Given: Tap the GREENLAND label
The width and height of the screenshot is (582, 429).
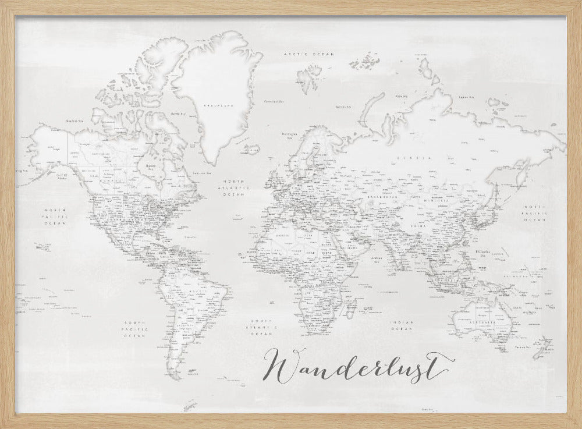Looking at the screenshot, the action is pyautogui.click(x=212, y=105).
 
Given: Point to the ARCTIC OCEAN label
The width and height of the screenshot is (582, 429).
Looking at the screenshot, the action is pyautogui.click(x=308, y=54).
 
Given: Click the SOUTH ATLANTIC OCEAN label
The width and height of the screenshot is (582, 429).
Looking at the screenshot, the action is pyautogui.click(x=261, y=327).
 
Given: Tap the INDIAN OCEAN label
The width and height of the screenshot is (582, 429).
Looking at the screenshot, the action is pyautogui.click(x=402, y=326).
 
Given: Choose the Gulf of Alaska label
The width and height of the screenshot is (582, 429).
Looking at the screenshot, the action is pyautogui.click(x=62, y=176).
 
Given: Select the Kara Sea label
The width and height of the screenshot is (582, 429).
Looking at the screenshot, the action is pyautogui.click(x=401, y=96).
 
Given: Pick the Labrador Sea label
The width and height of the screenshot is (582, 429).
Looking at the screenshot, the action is pyautogui.click(x=201, y=173).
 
